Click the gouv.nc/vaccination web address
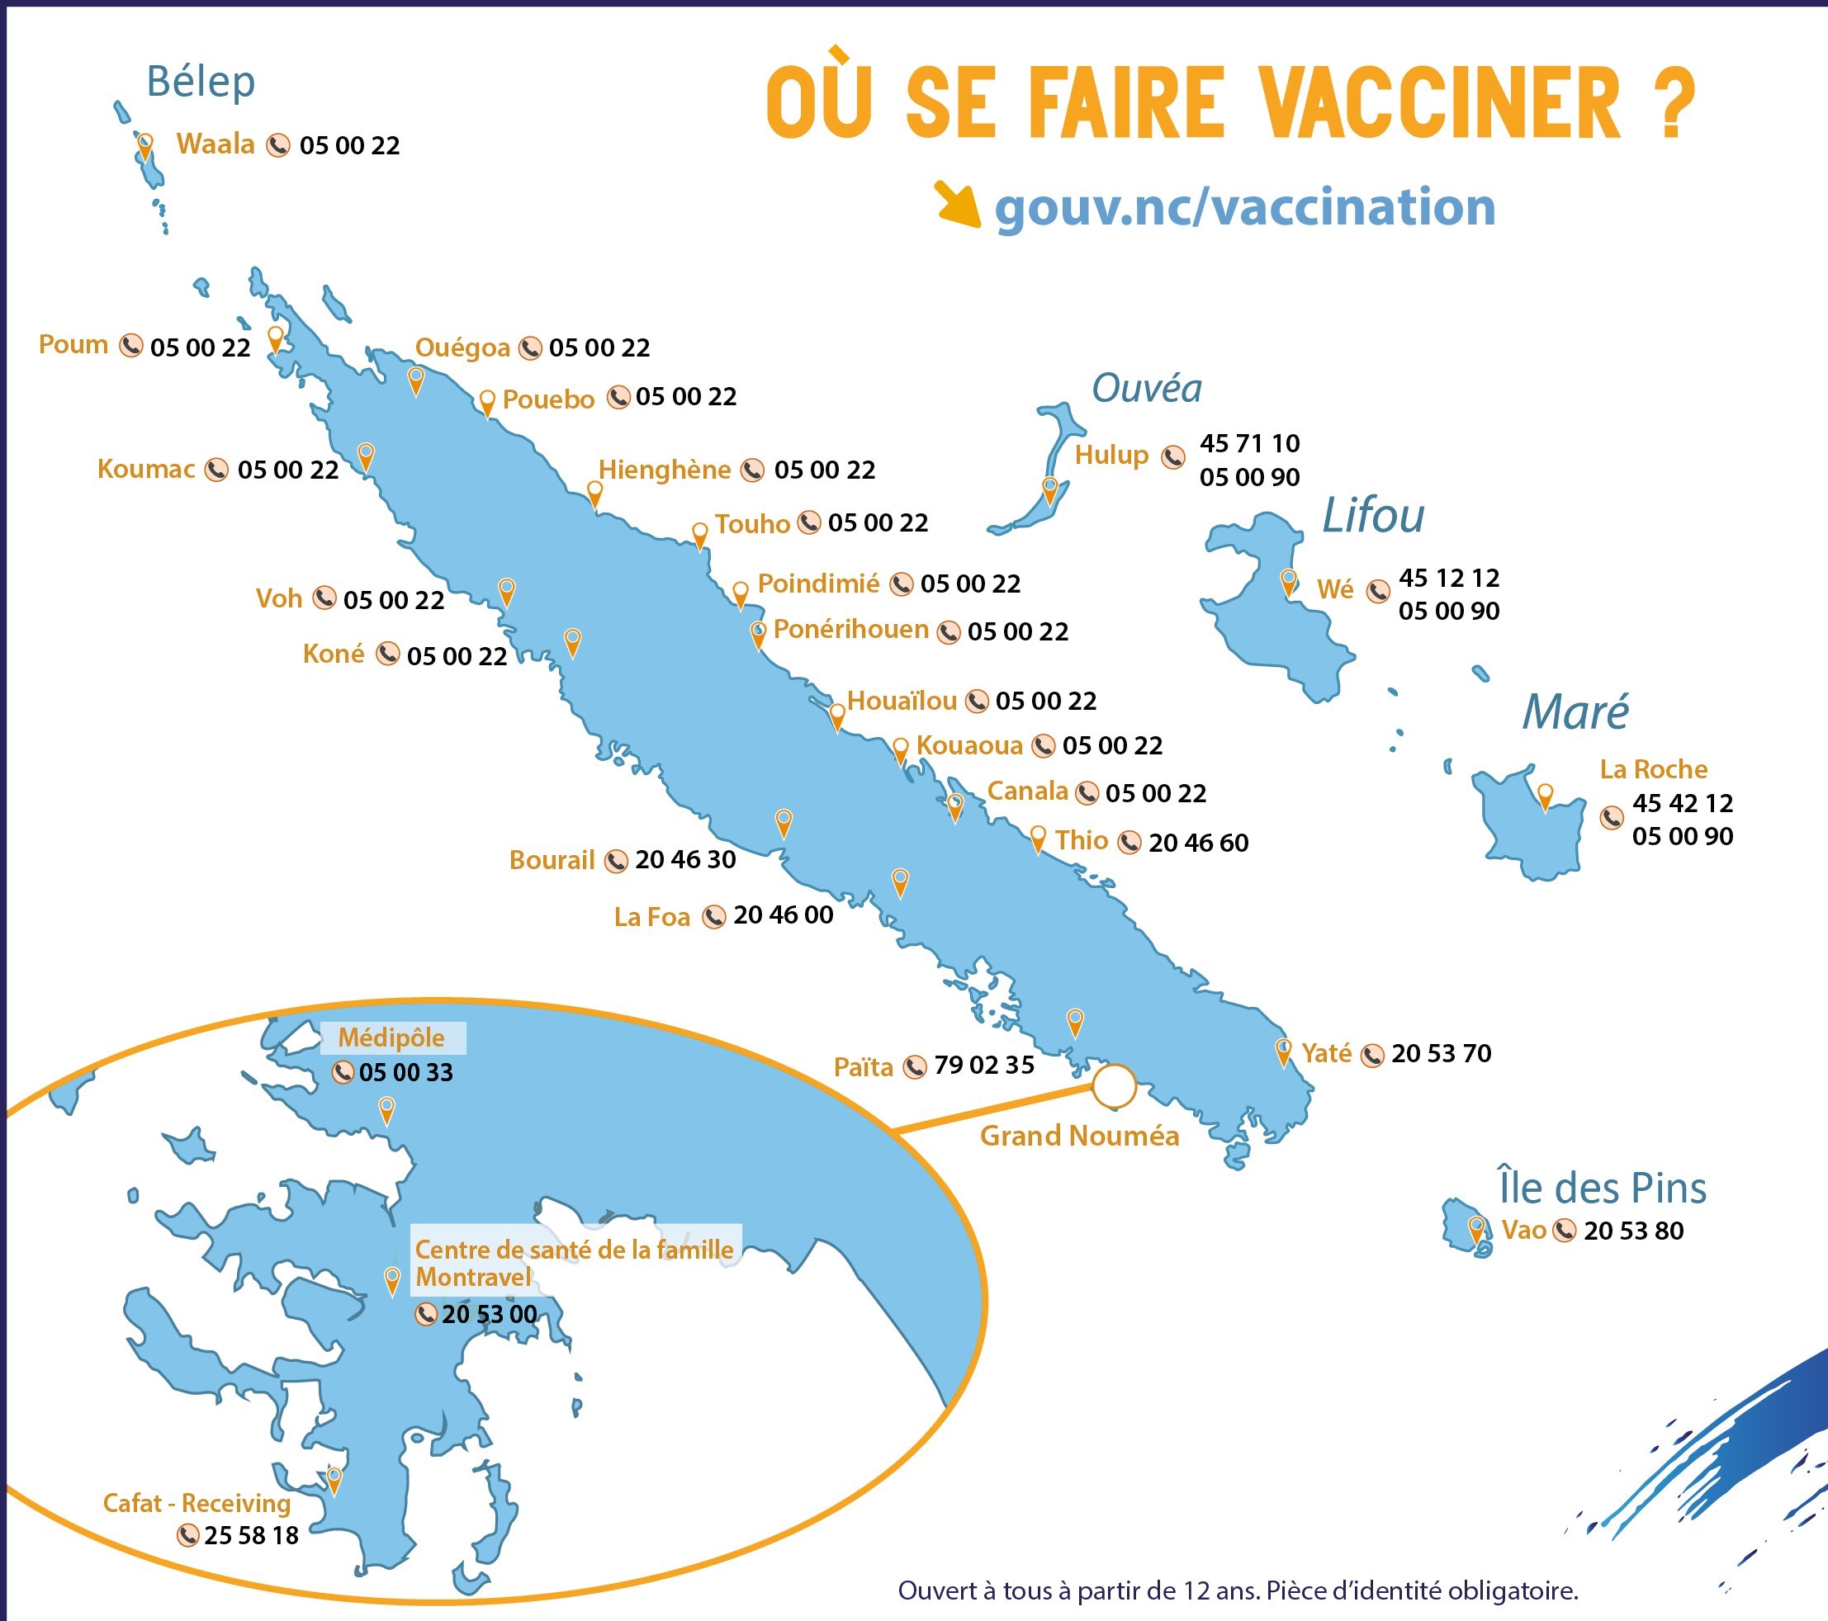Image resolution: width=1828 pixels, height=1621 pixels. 1244,208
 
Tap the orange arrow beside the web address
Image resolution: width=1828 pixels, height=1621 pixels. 956,203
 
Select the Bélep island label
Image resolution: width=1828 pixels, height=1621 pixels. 201,82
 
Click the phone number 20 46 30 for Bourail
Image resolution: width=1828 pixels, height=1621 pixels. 685,860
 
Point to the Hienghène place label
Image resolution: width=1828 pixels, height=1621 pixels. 664,470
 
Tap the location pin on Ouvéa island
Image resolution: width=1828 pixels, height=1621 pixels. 1050,489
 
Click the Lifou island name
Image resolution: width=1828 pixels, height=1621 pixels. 1373,517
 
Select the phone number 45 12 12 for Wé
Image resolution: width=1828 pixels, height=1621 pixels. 1449,579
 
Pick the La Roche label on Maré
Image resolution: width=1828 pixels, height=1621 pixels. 1653,770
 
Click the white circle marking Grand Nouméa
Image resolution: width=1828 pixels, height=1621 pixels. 1114,1086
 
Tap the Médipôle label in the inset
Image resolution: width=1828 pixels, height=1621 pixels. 391,1038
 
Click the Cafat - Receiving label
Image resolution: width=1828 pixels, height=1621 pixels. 197,1503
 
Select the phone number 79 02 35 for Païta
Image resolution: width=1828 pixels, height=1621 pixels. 983,1066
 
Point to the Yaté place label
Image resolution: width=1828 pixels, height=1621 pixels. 1325,1053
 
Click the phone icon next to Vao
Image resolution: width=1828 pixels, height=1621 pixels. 1563,1231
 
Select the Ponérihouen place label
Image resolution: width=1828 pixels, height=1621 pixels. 850,630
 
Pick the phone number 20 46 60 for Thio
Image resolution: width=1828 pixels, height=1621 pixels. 1197,844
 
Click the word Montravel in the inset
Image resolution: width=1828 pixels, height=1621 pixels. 473,1278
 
